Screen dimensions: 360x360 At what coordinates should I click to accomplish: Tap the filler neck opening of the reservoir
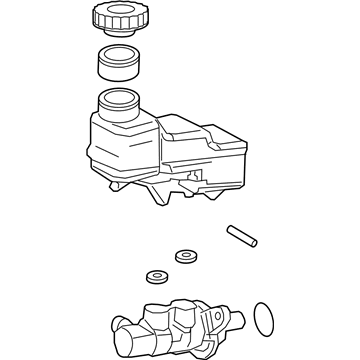119,101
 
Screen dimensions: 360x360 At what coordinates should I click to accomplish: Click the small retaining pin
243,235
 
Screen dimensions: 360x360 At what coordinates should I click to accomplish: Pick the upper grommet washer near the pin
185,257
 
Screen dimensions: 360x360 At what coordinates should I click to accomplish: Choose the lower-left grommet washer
156,277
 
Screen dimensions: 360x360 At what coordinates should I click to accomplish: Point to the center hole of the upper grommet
185,256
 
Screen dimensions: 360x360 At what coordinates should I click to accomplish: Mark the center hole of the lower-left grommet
156,276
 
